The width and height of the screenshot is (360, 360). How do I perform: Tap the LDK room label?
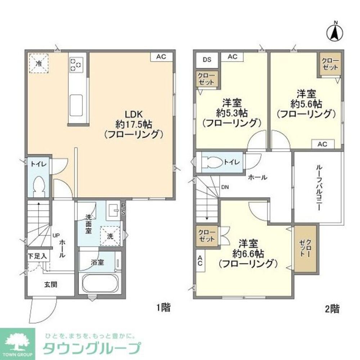[x=134, y=114]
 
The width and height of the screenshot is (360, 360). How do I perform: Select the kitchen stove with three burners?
[x=76, y=64]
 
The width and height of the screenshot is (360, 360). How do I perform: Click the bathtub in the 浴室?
[x=98, y=283]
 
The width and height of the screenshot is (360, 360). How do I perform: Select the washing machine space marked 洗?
[x=110, y=236]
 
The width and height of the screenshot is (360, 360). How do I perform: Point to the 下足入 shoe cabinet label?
[x=37, y=257]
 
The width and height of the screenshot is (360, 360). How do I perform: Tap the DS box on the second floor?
[x=207, y=60]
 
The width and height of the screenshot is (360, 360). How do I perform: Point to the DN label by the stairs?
[x=225, y=187]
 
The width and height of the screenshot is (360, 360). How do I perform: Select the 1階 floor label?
[x=163, y=308]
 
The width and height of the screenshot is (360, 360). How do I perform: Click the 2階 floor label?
[x=332, y=308]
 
